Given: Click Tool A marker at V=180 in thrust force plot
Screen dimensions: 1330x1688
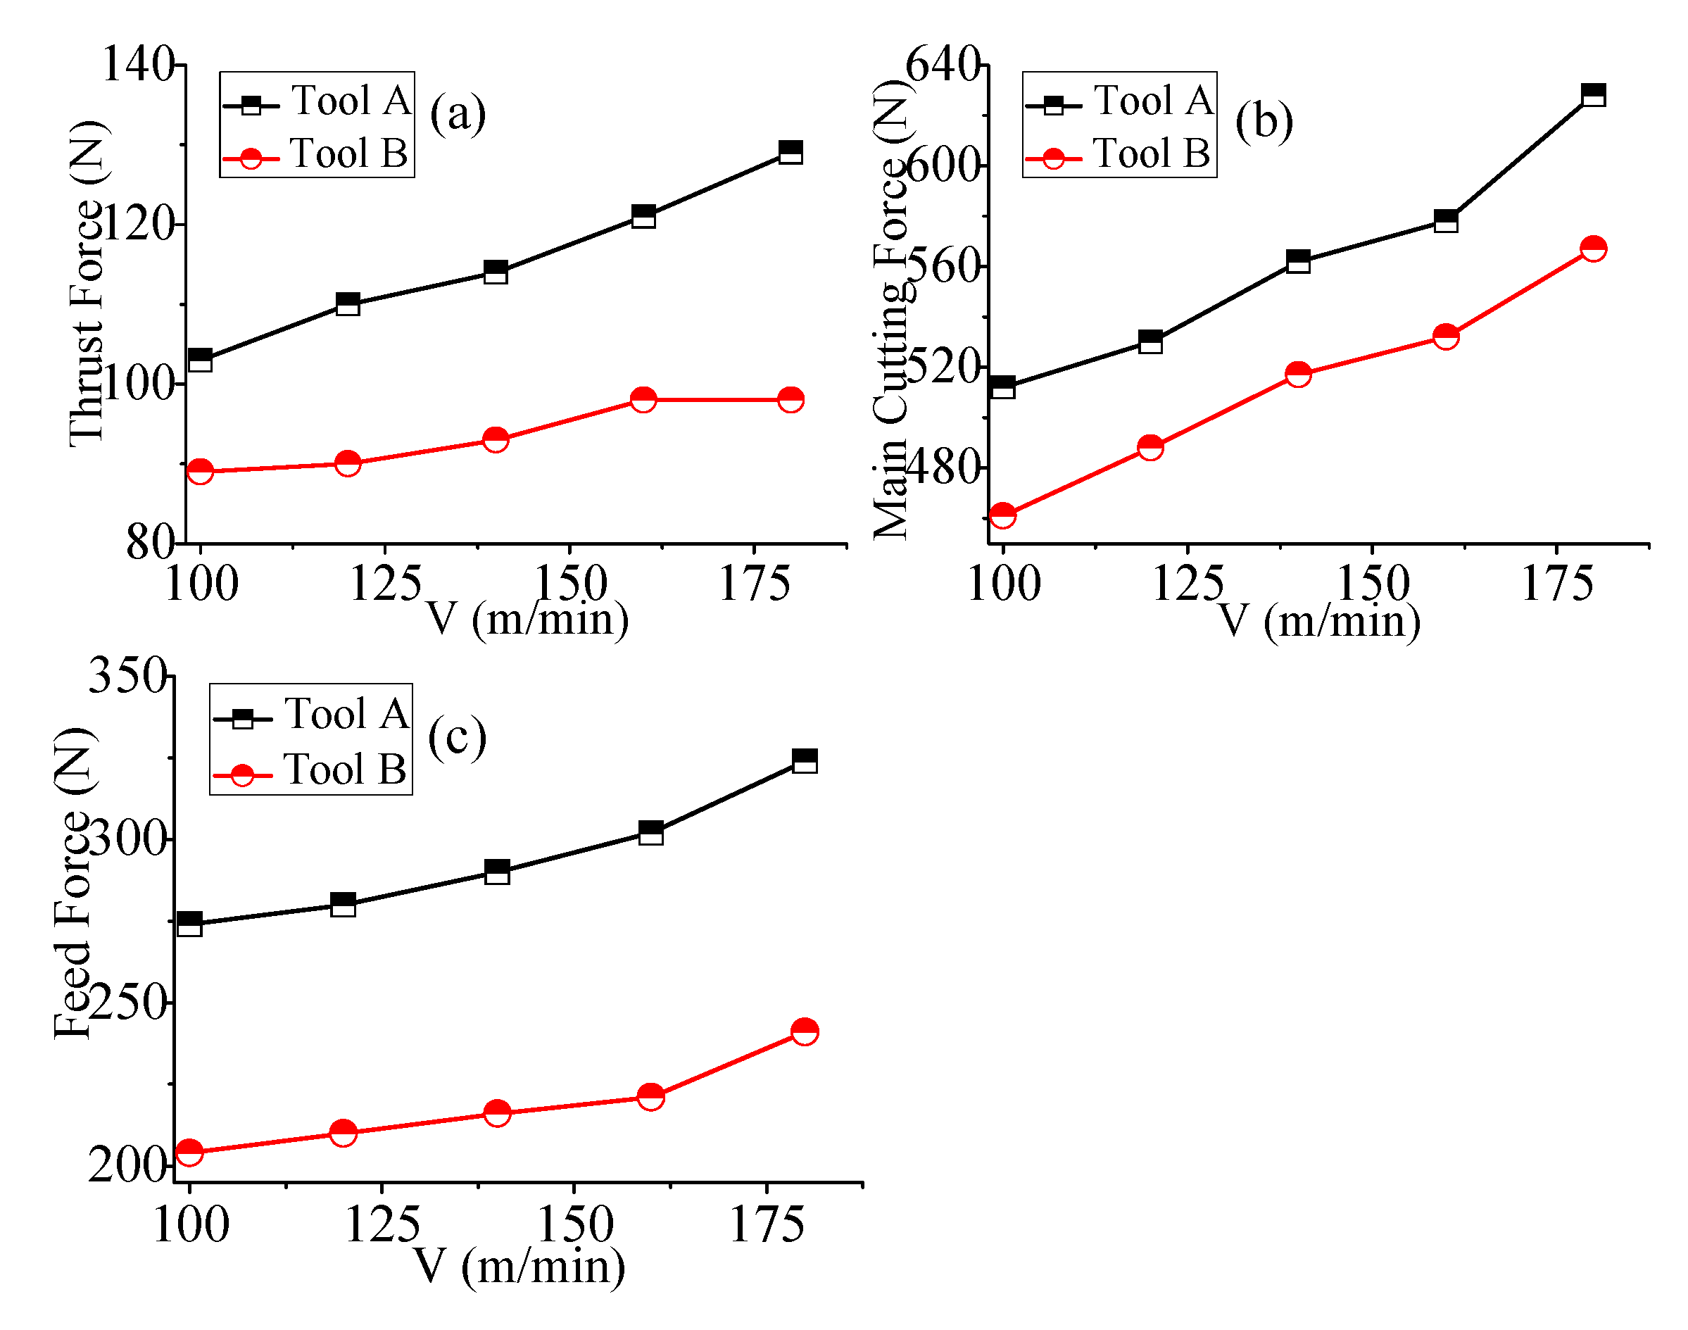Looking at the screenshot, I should coord(791,151).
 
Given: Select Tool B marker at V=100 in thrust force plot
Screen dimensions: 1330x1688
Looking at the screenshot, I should coord(200,471).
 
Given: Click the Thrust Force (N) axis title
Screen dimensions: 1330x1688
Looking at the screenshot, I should coord(87,284).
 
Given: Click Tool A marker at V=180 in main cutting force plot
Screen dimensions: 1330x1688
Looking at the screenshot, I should coord(1593,95).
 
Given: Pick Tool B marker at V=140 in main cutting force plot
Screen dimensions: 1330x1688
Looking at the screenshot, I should coord(1298,374).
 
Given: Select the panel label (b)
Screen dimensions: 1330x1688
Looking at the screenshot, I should coord(1264,122).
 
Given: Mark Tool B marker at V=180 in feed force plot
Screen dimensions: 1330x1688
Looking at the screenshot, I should coord(805,1031).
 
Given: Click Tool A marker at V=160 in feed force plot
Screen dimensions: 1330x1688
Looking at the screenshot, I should coord(650,832).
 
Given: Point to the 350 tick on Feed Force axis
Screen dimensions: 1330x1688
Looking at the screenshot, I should coord(127,675).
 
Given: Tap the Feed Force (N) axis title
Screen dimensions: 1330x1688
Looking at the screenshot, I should coord(74,884).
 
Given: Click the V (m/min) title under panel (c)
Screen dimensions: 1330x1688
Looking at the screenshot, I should coord(519,1266).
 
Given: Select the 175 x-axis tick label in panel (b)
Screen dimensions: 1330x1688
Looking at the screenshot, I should coord(1556,584).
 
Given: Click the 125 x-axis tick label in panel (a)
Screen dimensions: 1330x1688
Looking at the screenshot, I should coord(386,584).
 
